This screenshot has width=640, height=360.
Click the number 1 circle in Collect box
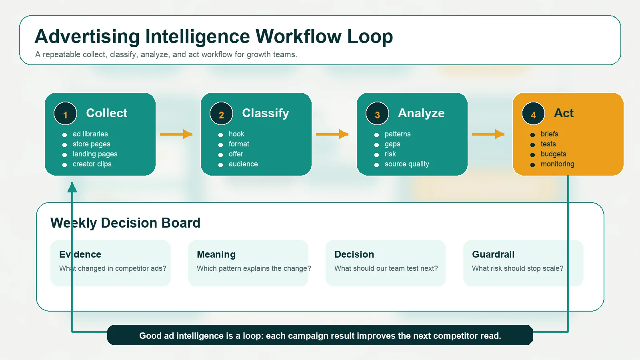click(65, 114)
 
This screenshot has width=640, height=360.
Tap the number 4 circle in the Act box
click(533, 114)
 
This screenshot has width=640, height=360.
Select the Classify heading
click(265, 113)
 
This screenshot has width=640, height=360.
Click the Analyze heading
click(421, 113)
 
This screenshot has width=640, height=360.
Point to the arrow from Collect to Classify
click(176, 134)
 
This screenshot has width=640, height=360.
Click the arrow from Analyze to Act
click(488, 134)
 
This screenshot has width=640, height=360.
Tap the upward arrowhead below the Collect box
click(72, 187)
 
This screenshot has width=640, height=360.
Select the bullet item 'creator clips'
click(92, 164)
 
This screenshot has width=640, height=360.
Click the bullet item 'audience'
click(243, 164)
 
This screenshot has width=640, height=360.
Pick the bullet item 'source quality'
click(406, 164)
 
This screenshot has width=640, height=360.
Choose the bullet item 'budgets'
click(553, 154)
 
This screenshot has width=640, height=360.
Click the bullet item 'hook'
click(236, 134)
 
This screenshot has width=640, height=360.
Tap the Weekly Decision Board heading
click(125, 223)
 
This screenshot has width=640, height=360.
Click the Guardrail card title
click(493, 254)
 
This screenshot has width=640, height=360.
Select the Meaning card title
click(216, 254)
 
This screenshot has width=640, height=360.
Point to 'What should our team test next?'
click(386, 268)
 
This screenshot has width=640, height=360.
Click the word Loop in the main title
click(370, 37)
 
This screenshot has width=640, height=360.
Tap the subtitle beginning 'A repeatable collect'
click(166, 54)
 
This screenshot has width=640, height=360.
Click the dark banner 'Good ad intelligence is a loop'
click(320, 335)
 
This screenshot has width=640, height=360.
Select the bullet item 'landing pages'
click(95, 154)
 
